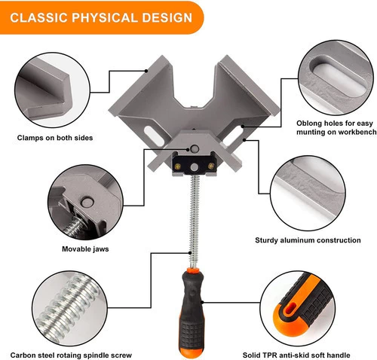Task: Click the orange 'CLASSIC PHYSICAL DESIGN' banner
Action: click(101, 17)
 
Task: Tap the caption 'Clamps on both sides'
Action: click(55, 138)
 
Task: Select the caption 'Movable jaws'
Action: click(85, 249)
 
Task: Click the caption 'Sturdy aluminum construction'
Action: click(308, 240)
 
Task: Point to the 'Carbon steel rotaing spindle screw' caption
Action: click(71, 355)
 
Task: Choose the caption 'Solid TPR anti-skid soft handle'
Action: click(296, 355)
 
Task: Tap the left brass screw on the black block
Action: click(178, 166)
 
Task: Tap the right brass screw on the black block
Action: click(211, 166)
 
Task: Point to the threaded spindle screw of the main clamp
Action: click(194, 221)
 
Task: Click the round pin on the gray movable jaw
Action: click(195, 148)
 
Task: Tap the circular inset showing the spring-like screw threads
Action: click(69, 309)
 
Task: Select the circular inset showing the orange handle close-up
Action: click(298, 309)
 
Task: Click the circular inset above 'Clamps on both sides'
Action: click(52, 90)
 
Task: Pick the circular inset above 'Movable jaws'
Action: click(85, 203)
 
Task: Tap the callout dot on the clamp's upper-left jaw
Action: click(146, 71)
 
